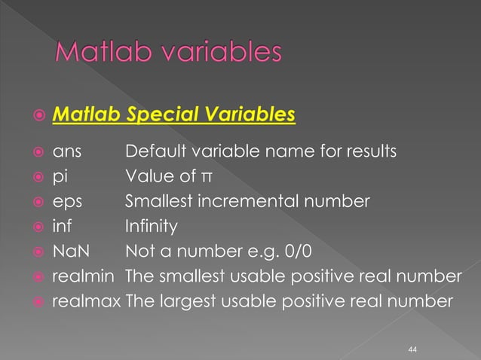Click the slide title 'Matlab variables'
(170, 54)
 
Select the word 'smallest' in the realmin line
(191, 276)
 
